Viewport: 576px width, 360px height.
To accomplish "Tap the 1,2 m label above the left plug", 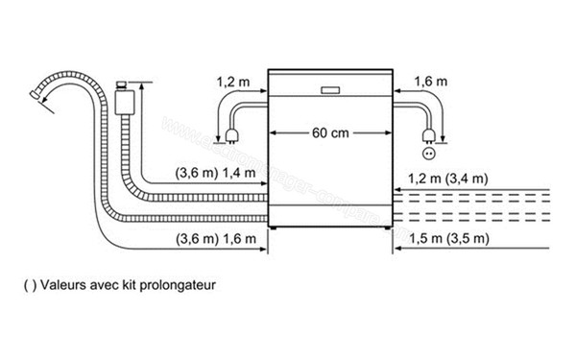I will (232, 84).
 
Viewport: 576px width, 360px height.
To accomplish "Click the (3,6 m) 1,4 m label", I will (217, 173).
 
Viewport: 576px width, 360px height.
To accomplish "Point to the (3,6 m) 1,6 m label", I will (217, 237).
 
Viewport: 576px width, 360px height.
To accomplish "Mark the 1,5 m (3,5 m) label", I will (449, 237).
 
